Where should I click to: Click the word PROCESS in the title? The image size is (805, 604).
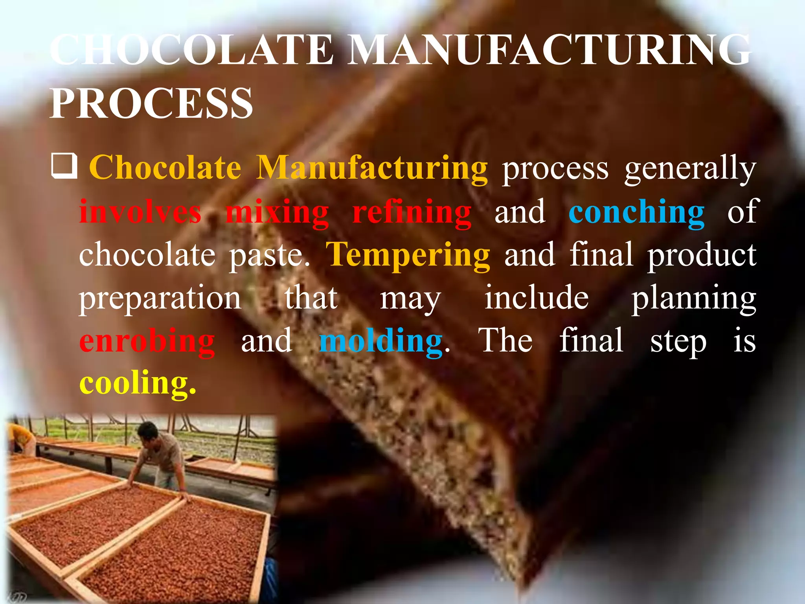coord(151,103)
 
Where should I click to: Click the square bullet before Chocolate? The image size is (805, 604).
coord(64,166)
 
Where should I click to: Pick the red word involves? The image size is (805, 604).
coord(140,212)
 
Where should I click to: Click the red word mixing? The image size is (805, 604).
coord(277,213)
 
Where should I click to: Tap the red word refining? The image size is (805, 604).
coord(412,212)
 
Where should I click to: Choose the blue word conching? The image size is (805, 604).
coord(636,213)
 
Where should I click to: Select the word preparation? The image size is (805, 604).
coord(160,299)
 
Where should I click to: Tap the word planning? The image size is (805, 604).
coord(694,299)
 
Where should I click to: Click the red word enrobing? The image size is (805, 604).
coord(147,342)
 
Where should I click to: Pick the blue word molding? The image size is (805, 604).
coord(381,342)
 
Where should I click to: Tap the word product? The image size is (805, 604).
coord(702,256)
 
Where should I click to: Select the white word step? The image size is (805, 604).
coord(678,342)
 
